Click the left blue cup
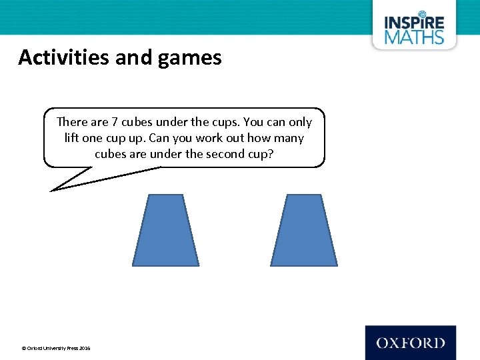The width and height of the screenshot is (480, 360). click(x=165, y=230)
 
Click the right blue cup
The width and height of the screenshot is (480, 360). click(x=303, y=230)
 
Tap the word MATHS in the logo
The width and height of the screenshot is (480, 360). click(x=413, y=36)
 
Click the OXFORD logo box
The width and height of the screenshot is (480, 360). click(x=410, y=343)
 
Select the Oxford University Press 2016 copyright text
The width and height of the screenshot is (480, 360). click(x=56, y=348)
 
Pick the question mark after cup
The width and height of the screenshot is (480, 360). click(x=271, y=153)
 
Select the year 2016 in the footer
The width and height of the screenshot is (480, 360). click(x=84, y=348)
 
